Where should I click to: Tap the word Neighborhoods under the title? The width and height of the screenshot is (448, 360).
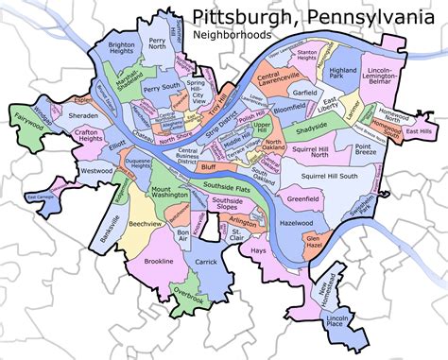[x=233, y=35]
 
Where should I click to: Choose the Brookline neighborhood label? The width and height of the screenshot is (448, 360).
[x=158, y=260]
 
